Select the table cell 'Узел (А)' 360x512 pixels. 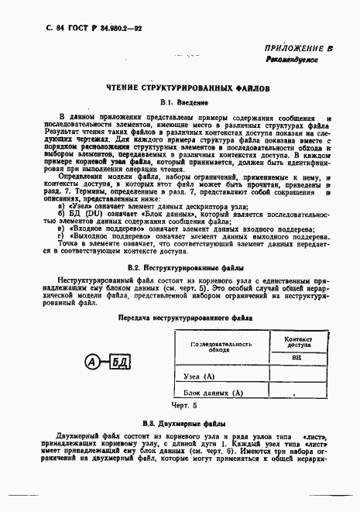click(199, 376)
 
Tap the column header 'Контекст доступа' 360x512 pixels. click(297, 342)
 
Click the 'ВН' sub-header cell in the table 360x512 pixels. click(297, 359)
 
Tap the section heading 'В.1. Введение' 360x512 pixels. click(183, 102)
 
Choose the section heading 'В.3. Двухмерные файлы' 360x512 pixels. click(183, 424)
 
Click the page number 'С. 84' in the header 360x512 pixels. click(36, 28)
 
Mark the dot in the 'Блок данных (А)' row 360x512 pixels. click(297, 393)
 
